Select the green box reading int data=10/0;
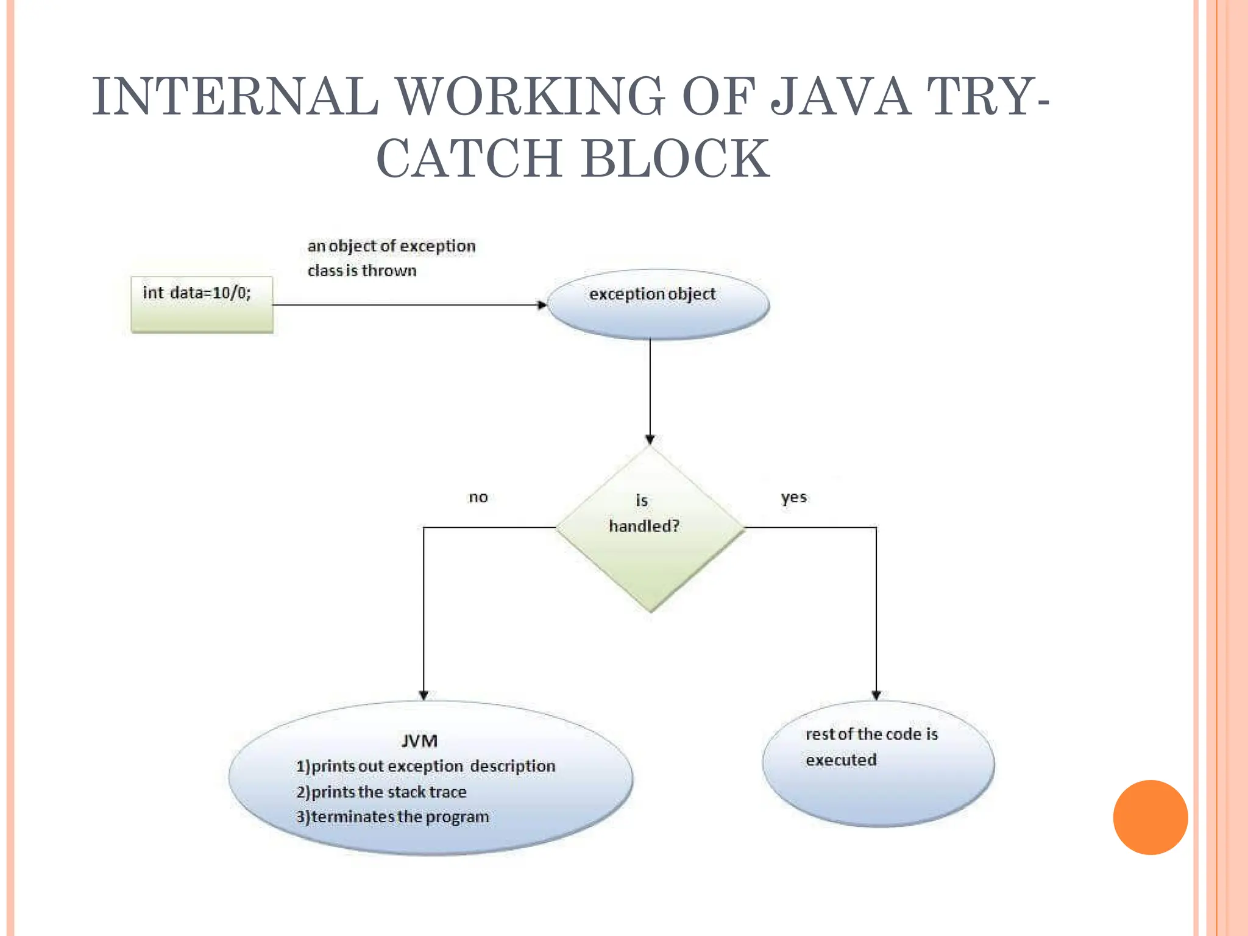(x=202, y=305)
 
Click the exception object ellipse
(x=658, y=304)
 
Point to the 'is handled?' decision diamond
(x=650, y=528)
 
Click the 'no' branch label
(x=478, y=497)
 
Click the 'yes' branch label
(x=793, y=497)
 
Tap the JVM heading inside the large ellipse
(x=419, y=741)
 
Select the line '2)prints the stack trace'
(x=381, y=792)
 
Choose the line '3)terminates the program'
(x=392, y=817)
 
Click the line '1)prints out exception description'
(x=425, y=766)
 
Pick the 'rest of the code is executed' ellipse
(x=878, y=764)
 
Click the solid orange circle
(x=1150, y=817)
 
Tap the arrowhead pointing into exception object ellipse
(x=542, y=305)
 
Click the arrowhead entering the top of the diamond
(x=650, y=439)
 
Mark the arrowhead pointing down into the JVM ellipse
(x=424, y=695)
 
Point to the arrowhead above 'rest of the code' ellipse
(x=876, y=695)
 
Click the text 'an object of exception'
(x=391, y=246)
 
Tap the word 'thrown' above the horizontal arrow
(x=389, y=271)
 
